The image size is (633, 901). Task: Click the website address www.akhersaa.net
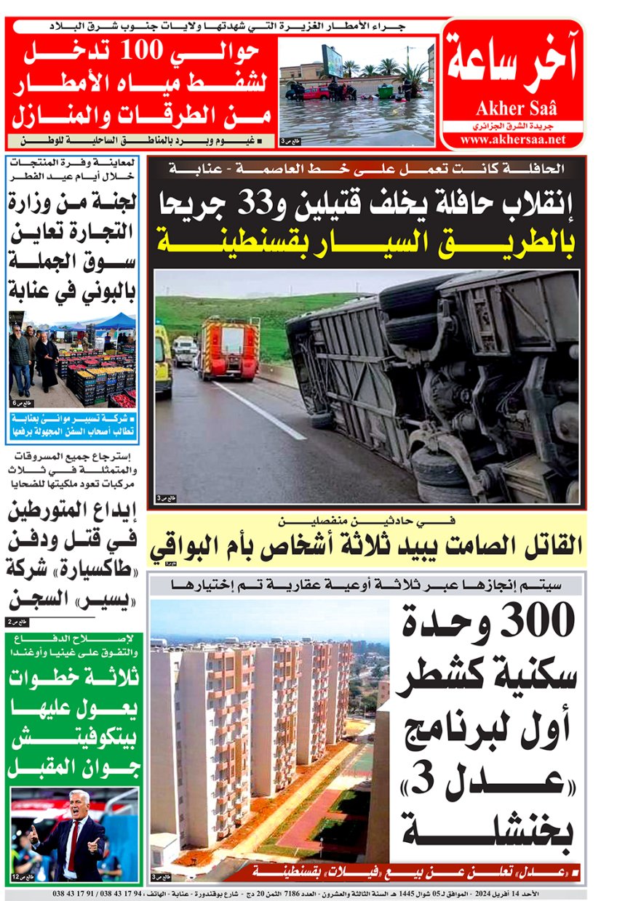click(512, 140)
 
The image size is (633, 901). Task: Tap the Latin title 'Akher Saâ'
click(516, 110)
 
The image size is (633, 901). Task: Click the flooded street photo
click(357, 91)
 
